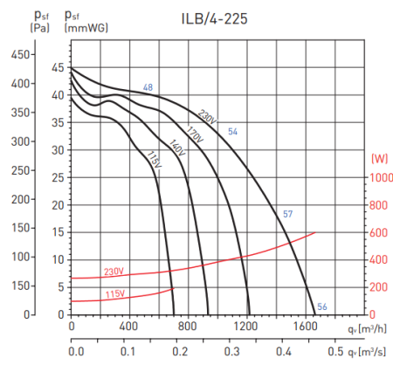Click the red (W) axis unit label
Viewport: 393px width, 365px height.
pos(379,158)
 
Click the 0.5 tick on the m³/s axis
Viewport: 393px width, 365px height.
pos(335,351)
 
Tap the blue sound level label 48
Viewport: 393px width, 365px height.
pos(148,87)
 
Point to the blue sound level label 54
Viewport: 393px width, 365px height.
pos(233,131)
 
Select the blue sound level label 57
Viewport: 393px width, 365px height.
pos(287,214)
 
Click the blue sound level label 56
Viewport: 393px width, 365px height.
pos(322,306)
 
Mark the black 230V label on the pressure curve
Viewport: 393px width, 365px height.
pos(207,116)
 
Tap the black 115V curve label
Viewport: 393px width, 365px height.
pos(154,161)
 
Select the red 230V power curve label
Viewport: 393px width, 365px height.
pos(115,271)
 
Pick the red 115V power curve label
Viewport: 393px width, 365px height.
pos(115,294)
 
